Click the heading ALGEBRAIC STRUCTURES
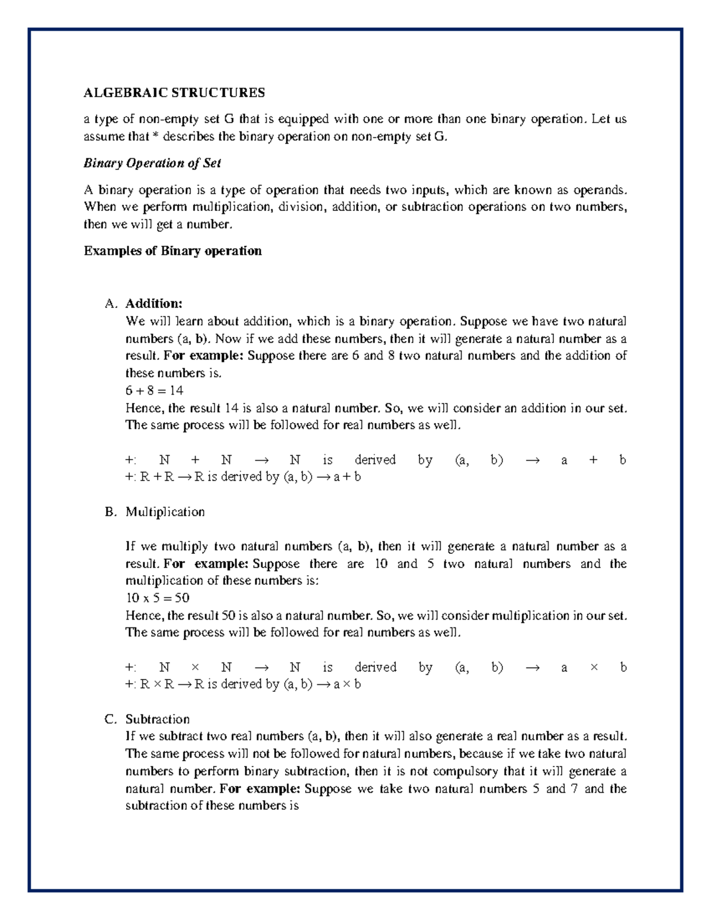(x=174, y=92)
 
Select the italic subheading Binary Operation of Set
(x=152, y=163)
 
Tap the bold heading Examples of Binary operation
(x=172, y=251)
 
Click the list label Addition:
(x=153, y=303)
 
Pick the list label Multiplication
(x=165, y=511)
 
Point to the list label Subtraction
(x=157, y=719)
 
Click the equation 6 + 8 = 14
(x=154, y=390)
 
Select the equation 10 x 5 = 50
(x=157, y=598)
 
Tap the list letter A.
(x=111, y=303)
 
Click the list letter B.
(x=111, y=511)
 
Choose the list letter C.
(x=111, y=719)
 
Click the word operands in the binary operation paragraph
(x=599, y=190)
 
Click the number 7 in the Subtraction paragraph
(x=574, y=788)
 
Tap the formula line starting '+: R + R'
(x=243, y=476)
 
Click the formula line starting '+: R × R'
(x=243, y=684)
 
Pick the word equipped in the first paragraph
(x=303, y=119)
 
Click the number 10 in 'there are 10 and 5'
(x=381, y=563)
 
